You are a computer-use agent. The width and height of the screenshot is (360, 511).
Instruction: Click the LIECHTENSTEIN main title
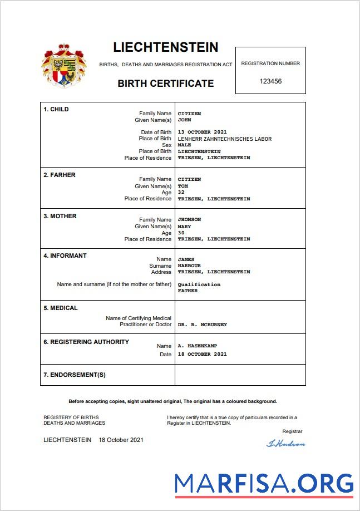165,47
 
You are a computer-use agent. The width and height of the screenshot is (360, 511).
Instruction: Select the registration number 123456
270,81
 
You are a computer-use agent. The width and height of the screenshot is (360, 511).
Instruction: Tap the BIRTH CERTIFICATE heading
165,83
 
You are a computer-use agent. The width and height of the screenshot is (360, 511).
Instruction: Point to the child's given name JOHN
184,120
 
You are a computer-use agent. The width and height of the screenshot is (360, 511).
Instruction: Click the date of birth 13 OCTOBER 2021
202,132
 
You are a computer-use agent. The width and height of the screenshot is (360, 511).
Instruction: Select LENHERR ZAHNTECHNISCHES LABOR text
224,139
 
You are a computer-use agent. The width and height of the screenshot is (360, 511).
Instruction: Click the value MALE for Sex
184,145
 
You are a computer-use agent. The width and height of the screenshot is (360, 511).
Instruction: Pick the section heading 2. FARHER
60,175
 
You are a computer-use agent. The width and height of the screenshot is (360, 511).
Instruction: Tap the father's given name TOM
183,186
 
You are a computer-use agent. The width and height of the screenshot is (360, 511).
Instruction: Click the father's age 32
181,192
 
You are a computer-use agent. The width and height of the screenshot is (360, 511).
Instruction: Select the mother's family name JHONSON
189,219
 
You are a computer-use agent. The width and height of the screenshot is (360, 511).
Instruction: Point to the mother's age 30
181,233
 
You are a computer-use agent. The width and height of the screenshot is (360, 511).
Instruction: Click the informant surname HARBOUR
189,266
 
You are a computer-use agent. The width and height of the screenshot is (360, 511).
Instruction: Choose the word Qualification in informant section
199,284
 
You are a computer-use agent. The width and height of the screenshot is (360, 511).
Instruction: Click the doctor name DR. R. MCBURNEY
202,325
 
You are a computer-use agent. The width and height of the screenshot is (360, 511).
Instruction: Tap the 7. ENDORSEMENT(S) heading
75,375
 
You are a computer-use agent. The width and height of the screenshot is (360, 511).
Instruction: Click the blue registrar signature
286,444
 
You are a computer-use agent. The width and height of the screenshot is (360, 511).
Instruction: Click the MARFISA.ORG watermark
264,484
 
